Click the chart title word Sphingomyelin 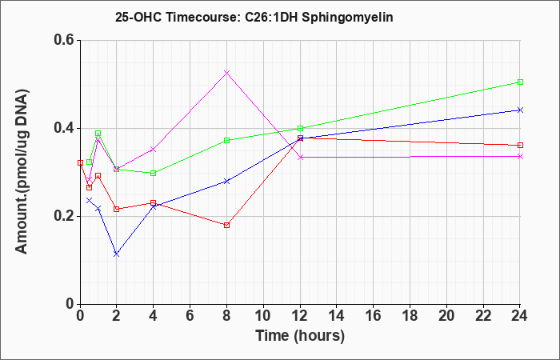347,17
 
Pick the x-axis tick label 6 190,316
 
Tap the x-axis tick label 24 519,316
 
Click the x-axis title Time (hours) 300,336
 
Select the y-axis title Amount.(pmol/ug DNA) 22,172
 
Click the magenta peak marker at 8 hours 226,73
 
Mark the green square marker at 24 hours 520,82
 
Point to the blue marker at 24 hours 520,110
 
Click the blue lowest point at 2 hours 117,254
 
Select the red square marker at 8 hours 226,225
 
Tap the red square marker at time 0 80,163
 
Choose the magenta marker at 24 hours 520,157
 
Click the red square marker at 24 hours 520,146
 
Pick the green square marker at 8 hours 226,141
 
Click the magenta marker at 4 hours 154,150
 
